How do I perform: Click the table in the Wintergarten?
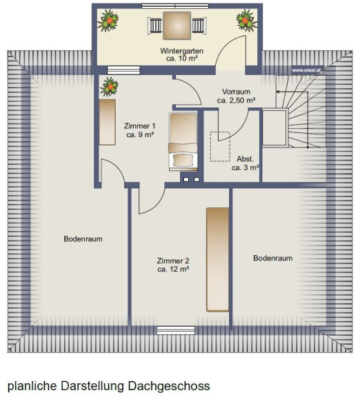pos(177,26)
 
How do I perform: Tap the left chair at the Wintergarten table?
pos(155,26)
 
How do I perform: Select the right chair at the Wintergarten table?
pos(199,26)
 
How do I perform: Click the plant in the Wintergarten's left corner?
pos(108,21)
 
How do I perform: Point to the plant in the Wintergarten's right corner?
pos(246,21)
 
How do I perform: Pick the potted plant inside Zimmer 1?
pos(109,87)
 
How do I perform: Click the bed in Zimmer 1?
pos(183,141)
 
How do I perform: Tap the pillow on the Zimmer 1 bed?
pos(183,160)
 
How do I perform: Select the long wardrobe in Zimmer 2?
pos(218,260)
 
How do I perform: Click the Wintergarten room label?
pos(181,51)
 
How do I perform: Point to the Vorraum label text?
pos(236,92)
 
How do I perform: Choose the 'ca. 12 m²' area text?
pos(173,269)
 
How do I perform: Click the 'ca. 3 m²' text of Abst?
pos(245,167)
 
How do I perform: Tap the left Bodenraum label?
pos(83,238)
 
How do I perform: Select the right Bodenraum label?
pos(273,258)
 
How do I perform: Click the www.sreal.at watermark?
pos(306,70)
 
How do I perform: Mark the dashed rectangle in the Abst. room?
pos(220,146)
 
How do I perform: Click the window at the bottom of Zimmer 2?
pos(176,330)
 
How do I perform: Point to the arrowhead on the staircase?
pos(278,92)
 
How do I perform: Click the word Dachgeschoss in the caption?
pos(169,387)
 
